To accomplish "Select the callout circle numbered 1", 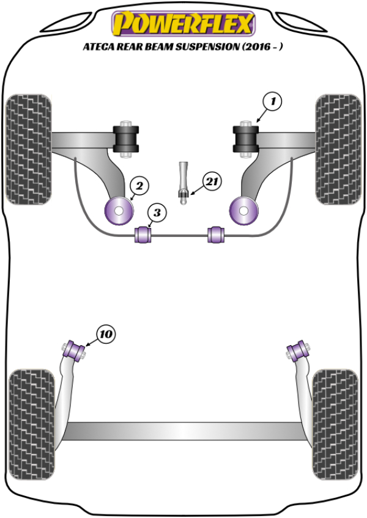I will point(273,101).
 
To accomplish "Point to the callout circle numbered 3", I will point(157,213).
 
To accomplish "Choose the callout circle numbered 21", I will point(212,181).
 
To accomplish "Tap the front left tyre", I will point(28,149).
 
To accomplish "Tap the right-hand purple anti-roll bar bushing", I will point(216,234).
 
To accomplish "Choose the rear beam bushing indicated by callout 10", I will point(76,351).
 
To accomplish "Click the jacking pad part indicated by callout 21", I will point(183,183).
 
